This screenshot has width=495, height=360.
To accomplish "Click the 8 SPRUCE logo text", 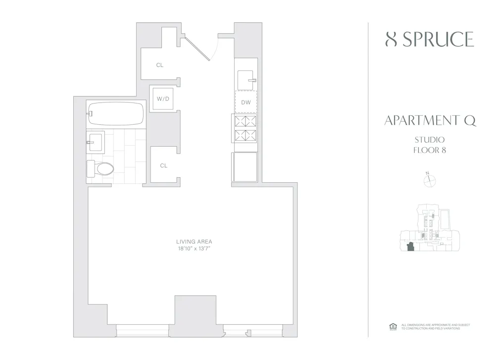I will [429, 40].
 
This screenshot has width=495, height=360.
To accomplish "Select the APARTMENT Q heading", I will [430, 121].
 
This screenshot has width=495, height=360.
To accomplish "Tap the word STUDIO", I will [430, 140].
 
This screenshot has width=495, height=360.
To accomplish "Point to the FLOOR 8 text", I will [430, 150].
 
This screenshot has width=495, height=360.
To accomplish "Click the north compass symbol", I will [429, 181].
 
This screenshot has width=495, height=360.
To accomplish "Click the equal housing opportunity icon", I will [394, 326].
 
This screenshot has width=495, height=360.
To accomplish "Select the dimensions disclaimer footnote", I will [435, 327].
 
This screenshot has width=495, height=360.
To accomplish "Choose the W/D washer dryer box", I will [163, 99].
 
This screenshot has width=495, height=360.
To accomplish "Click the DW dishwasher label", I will [246, 103].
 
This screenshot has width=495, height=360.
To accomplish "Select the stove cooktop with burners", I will [246, 128].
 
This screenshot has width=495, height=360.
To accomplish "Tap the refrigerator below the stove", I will [245, 166].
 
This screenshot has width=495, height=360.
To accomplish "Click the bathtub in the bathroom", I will [116, 113].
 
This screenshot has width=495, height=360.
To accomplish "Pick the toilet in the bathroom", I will [100, 169].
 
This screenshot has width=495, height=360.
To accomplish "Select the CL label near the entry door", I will [159, 65].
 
